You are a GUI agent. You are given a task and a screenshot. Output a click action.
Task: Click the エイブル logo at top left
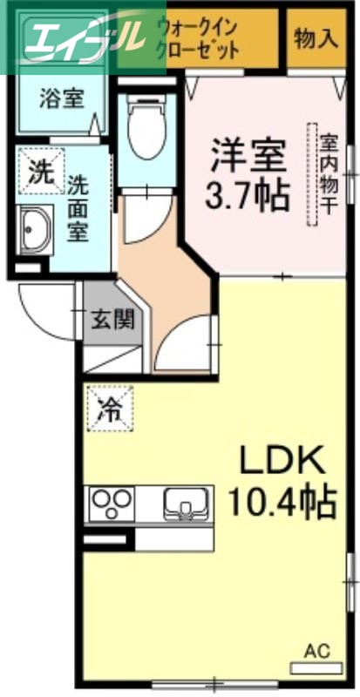pos(73,37)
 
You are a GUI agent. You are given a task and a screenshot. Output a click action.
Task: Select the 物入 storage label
pos(315,38)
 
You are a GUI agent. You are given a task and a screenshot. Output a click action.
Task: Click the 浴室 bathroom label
pos(60,98)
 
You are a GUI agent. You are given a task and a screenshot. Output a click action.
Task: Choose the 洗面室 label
pos(78,209)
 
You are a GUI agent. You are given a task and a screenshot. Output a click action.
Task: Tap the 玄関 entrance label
pos(112,320)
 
